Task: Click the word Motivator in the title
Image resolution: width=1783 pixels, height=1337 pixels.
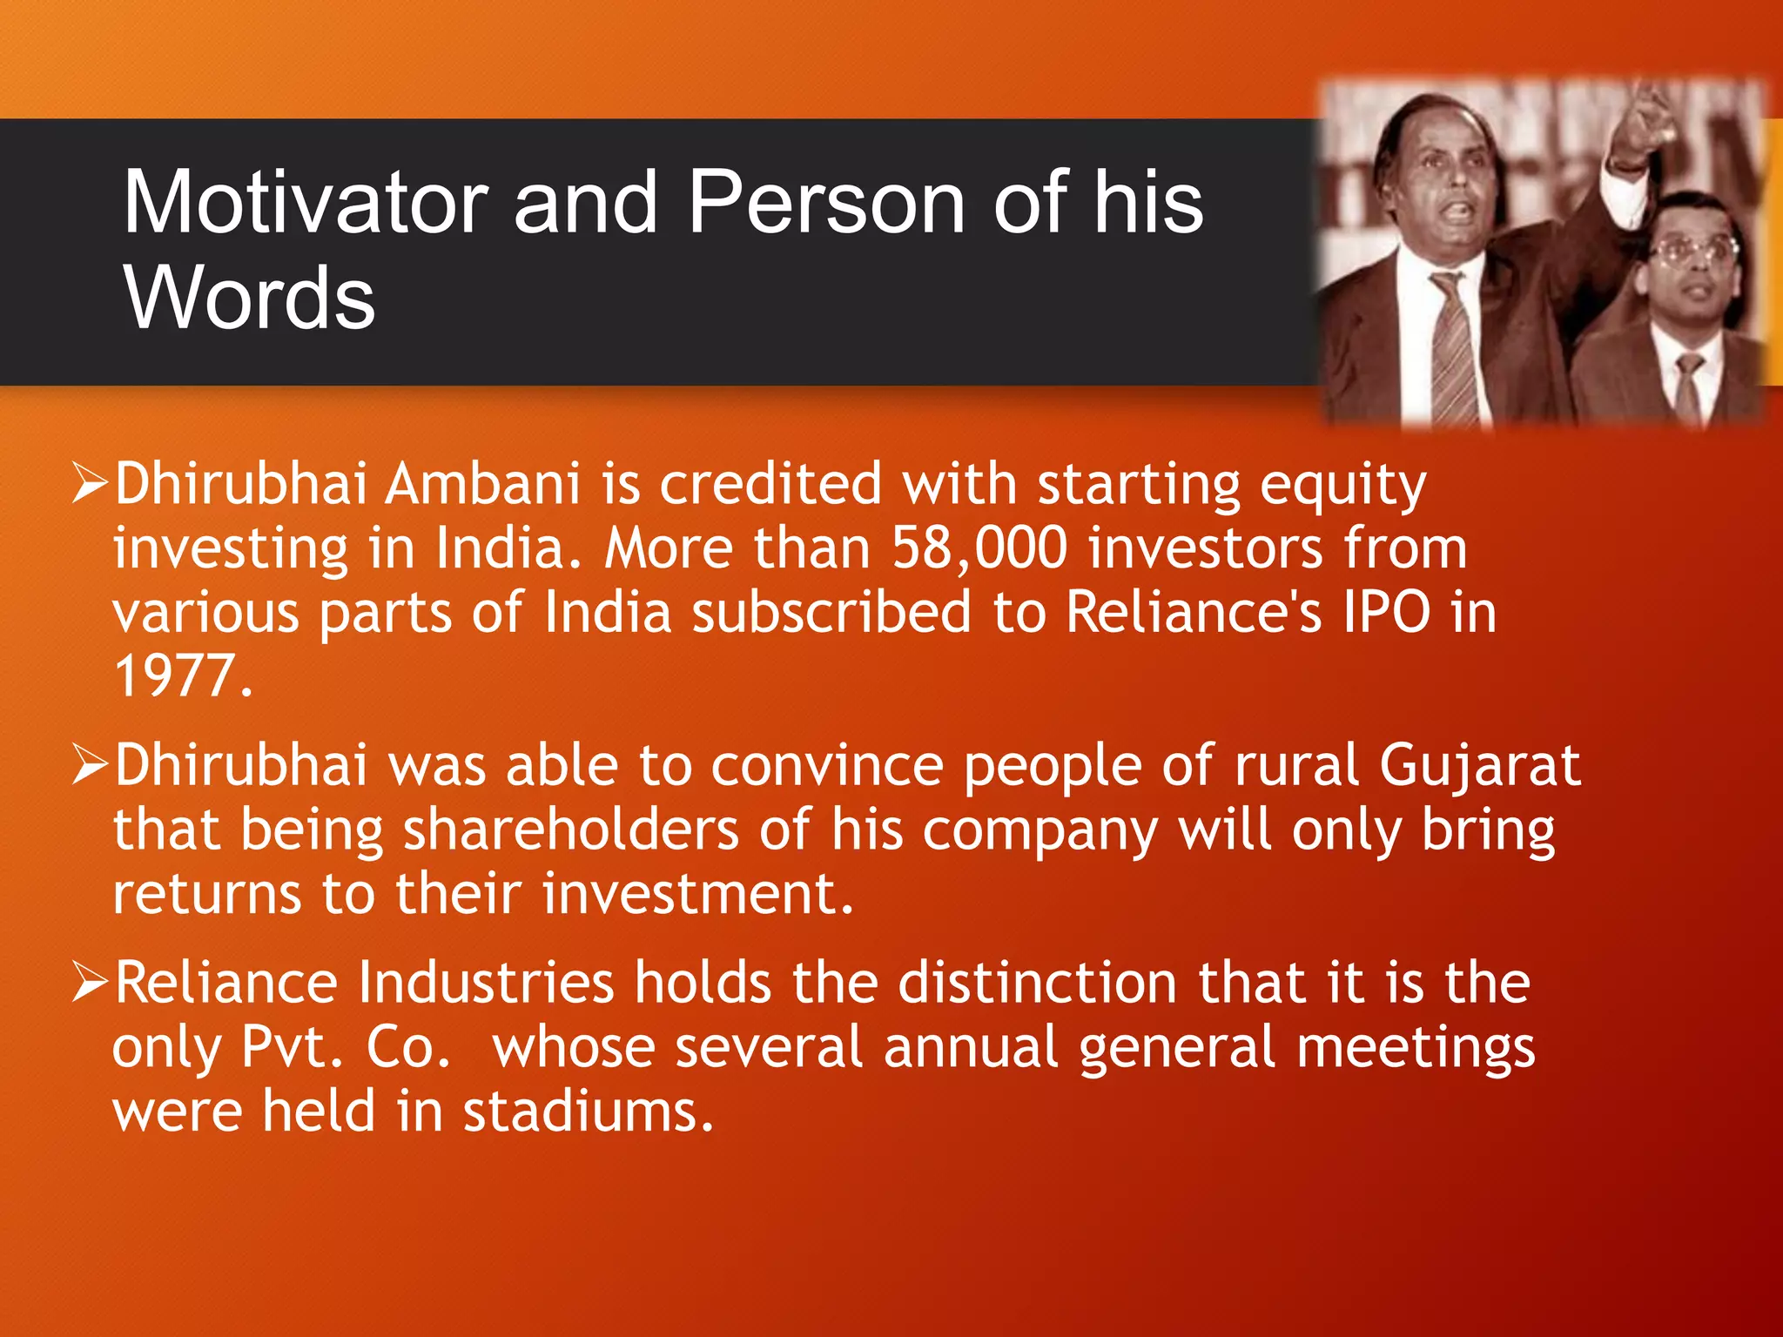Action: (305, 202)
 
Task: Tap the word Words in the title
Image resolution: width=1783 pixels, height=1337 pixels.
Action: (249, 298)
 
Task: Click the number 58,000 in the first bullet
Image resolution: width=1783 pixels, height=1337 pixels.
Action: (979, 548)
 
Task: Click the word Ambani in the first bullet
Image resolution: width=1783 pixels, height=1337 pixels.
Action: (482, 484)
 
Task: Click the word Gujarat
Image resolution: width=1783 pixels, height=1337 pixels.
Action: (1479, 766)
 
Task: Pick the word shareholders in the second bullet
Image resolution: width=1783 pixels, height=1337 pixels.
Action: (570, 830)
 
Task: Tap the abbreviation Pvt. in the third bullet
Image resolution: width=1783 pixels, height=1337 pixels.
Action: (292, 1047)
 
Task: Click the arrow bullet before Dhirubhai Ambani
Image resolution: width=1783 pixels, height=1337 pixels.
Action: (90, 483)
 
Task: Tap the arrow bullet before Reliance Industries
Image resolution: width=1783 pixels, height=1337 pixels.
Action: (90, 982)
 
